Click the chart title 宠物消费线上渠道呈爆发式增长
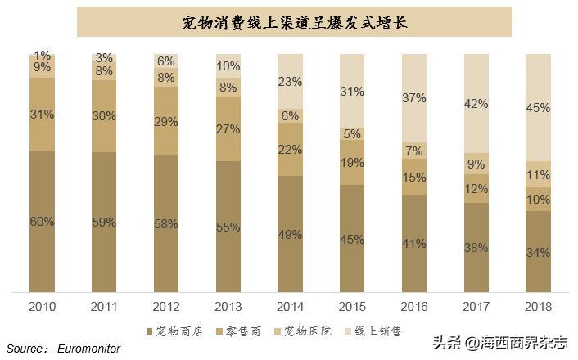(x=293, y=22)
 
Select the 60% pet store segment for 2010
(x=42, y=222)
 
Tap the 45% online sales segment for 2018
(x=538, y=108)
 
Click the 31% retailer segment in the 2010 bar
(x=42, y=115)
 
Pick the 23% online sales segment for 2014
(x=290, y=82)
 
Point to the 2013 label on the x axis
(x=228, y=306)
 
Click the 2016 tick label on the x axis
(x=414, y=306)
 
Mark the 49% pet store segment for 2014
(x=290, y=235)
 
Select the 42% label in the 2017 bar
(x=476, y=104)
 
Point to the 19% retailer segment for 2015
(x=352, y=163)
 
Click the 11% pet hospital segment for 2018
(x=538, y=174)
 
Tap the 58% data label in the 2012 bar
(x=166, y=224)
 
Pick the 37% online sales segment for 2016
(x=414, y=98)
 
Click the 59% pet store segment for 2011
(x=104, y=221)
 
